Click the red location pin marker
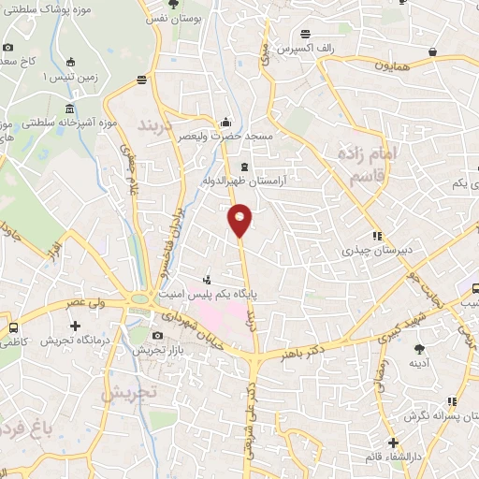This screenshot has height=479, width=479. point(240,219)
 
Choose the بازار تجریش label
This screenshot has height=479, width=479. point(153,349)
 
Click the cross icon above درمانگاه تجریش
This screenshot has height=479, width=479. point(75,326)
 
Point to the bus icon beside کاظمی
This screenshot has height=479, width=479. point(13,327)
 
